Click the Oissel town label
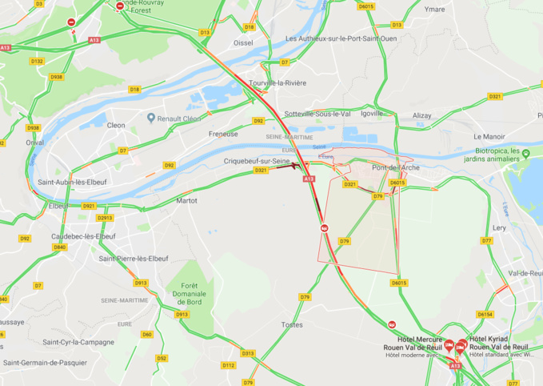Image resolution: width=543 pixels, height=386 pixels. click(243, 42)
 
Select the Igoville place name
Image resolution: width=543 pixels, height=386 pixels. click(372, 114)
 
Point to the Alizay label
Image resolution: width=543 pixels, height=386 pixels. click(422, 115)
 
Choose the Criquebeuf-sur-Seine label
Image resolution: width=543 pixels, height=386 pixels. click(257, 161)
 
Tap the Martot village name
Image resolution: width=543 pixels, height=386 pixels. click(186, 200)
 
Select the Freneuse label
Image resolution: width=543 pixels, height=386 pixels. click(223, 134)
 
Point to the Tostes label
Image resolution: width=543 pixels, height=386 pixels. click(292, 324)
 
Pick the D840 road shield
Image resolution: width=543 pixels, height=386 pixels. click(60, 247)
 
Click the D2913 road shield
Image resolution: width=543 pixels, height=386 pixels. click(105, 218)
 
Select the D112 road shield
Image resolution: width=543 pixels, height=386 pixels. click(229, 365)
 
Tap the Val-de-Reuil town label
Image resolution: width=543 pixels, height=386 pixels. click(525, 273)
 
